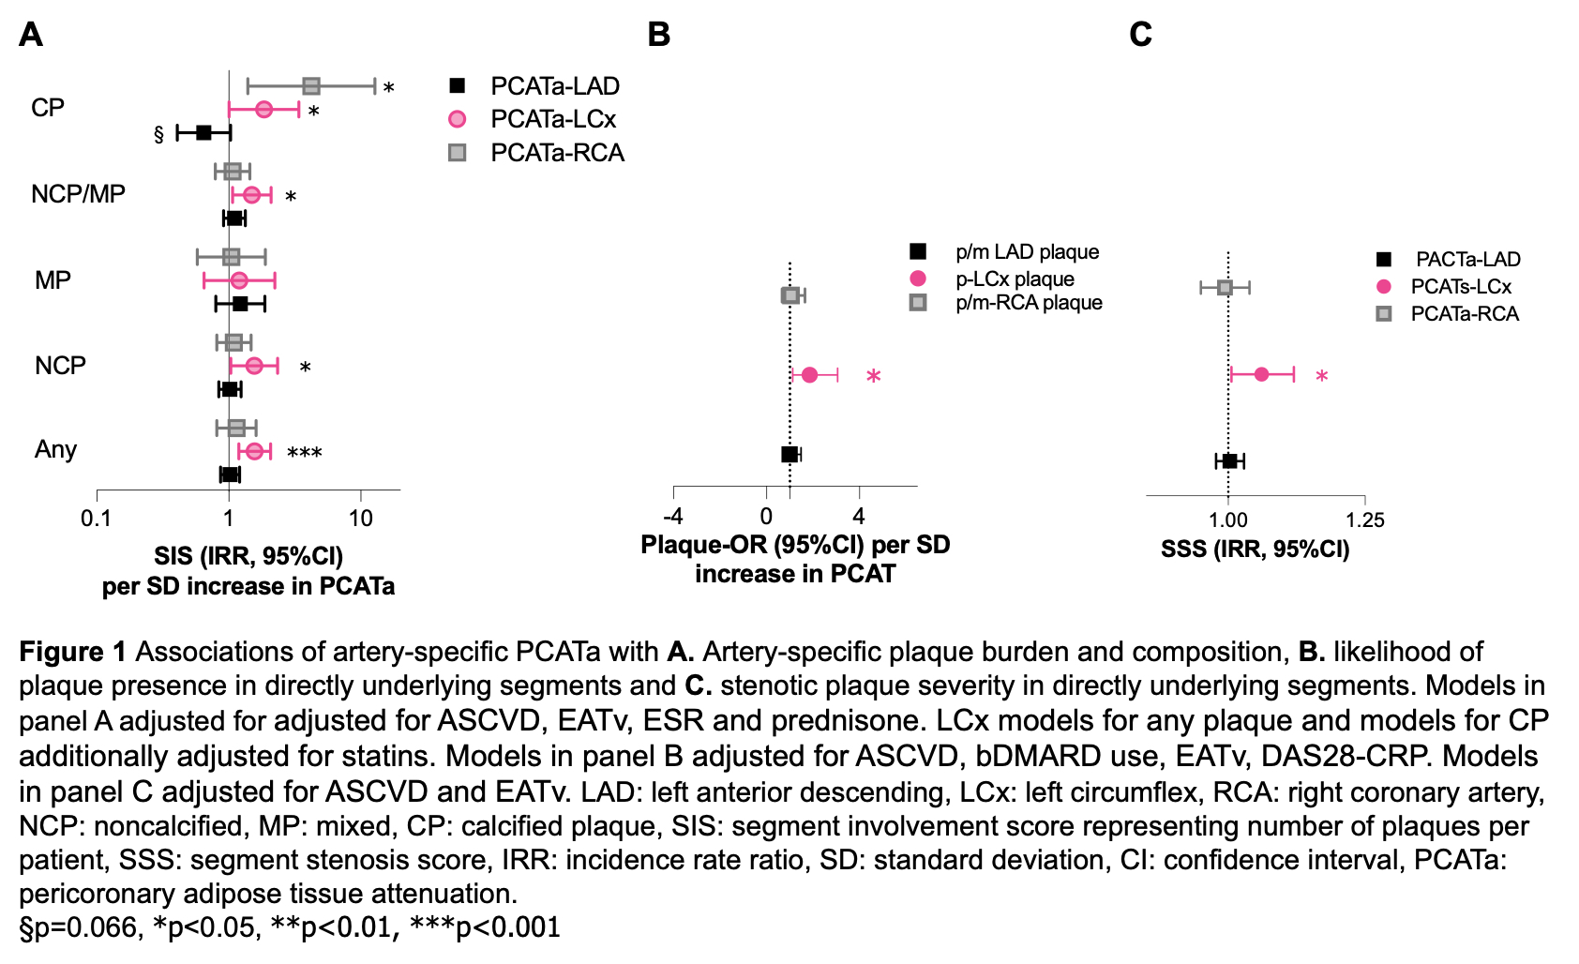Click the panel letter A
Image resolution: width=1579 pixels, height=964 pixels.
pyautogui.click(x=31, y=35)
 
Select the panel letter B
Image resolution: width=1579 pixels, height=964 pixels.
pyautogui.click(x=659, y=35)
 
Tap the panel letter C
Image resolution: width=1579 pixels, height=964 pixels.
pyautogui.click(x=1140, y=35)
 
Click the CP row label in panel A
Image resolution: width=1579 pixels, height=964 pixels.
pyautogui.click(x=48, y=108)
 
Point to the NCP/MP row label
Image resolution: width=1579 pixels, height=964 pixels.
pyautogui.click(x=78, y=194)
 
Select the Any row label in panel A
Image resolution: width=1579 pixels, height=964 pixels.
pyautogui.click(x=55, y=449)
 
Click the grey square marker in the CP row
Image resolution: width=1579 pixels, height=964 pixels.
pyautogui.click(x=311, y=86)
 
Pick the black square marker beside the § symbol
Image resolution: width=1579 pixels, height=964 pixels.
pyautogui.click(x=203, y=132)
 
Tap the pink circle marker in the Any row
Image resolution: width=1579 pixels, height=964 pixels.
pyautogui.click(x=254, y=451)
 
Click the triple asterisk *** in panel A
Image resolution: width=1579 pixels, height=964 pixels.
pyautogui.click(x=305, y=454)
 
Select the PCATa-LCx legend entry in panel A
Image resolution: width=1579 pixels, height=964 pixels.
pyautogui.click(x=552, y=119)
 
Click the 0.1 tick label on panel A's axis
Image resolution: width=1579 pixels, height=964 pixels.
pyautogui.click(x=96, y=519)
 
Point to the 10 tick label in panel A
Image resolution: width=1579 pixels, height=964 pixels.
pyautogui.click(x=361, y=519)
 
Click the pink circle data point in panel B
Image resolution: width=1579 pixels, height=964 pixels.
pyautogui.click(x=809, y=375)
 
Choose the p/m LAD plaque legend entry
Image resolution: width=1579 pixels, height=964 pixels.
pyautogui.click(x=1026, y=251)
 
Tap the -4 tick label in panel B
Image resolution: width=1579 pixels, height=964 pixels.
pyautogui.click(x=672, y=517)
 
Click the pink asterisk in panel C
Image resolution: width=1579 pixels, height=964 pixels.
pyautogui.click(x=1321, y=377)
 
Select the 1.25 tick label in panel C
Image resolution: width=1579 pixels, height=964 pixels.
pyautogui.click(x=1364, y=520)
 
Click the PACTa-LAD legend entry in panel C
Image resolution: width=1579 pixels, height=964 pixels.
pyautogui.click(x=1467, y=259)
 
